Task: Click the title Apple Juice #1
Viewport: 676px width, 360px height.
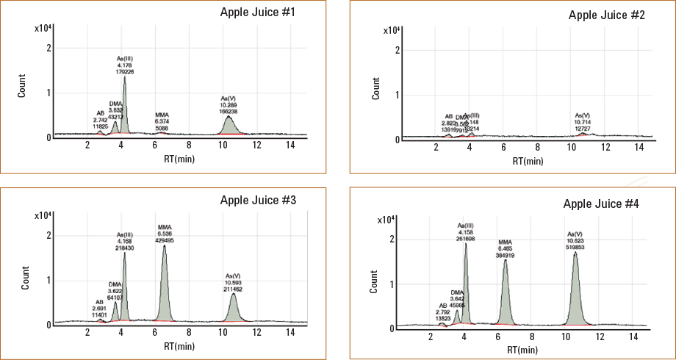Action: (x=258, y=13)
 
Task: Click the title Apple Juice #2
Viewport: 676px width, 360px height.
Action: (x=606, y=15)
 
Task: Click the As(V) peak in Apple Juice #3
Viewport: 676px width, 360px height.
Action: (x=233, y=305)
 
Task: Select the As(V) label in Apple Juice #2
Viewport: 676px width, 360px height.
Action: (x=582, y=115)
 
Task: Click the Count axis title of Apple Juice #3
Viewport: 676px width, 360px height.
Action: (x=26, y=283)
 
